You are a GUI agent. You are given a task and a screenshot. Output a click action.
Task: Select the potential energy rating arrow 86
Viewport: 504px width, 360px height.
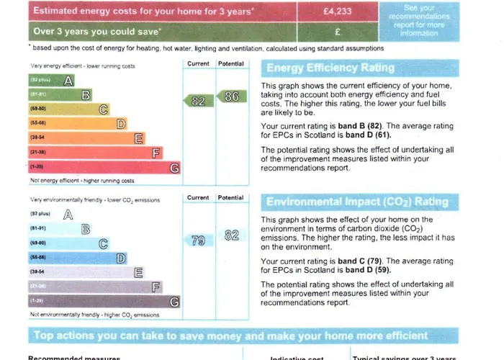point(230,96)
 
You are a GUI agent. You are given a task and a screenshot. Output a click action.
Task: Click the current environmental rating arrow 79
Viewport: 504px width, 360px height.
point(197,240)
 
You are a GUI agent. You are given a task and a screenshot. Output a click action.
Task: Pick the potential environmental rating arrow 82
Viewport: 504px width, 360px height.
point(230,235)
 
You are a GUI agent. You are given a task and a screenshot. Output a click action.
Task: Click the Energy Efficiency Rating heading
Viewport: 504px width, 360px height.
point(330,68)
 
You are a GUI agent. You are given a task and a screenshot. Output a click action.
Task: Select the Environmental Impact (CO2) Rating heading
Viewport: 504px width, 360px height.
point(357,202)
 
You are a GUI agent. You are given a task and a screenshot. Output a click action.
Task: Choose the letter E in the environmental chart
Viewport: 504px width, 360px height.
point(138,272)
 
